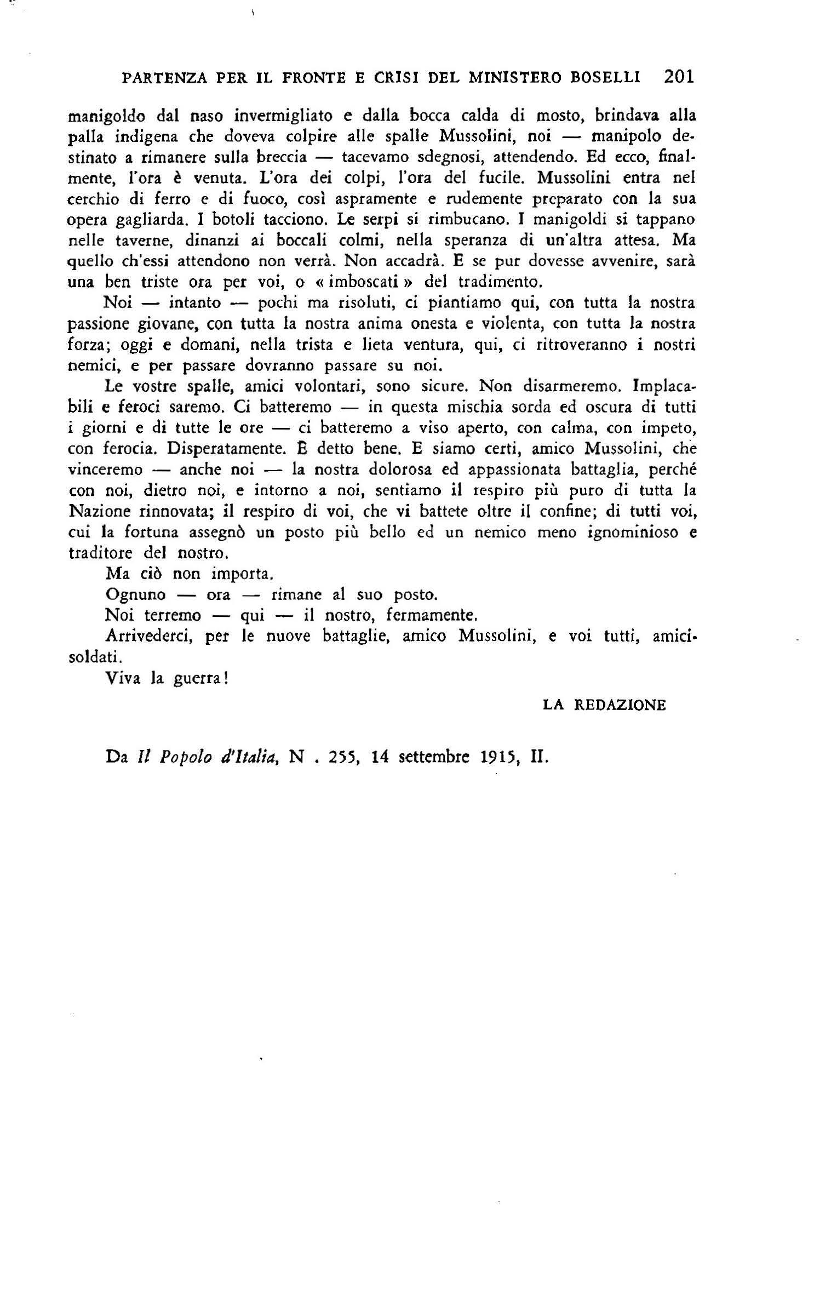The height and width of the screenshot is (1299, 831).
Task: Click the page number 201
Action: click(678, 76)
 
